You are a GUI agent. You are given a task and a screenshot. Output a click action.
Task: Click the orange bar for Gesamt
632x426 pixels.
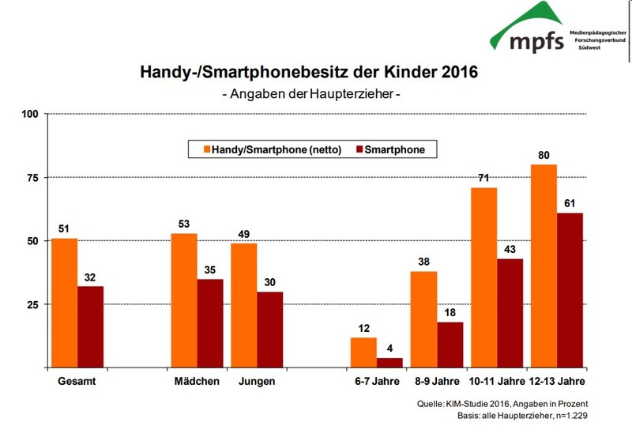tap(64, 303)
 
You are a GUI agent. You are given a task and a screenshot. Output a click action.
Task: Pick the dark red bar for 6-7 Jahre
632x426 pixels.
tap(389, 363)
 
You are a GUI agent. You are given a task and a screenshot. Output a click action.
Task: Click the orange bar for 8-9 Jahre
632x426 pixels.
tap(423, 319)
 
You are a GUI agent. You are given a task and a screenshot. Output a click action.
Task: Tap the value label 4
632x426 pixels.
tap(389, 349)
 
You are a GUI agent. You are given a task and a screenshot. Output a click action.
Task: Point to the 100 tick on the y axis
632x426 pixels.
tap(30, 114)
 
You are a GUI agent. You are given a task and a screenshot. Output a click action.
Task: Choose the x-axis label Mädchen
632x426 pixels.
tap(196, 382)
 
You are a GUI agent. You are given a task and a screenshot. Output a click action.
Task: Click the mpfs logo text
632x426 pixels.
tap(539, 40)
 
